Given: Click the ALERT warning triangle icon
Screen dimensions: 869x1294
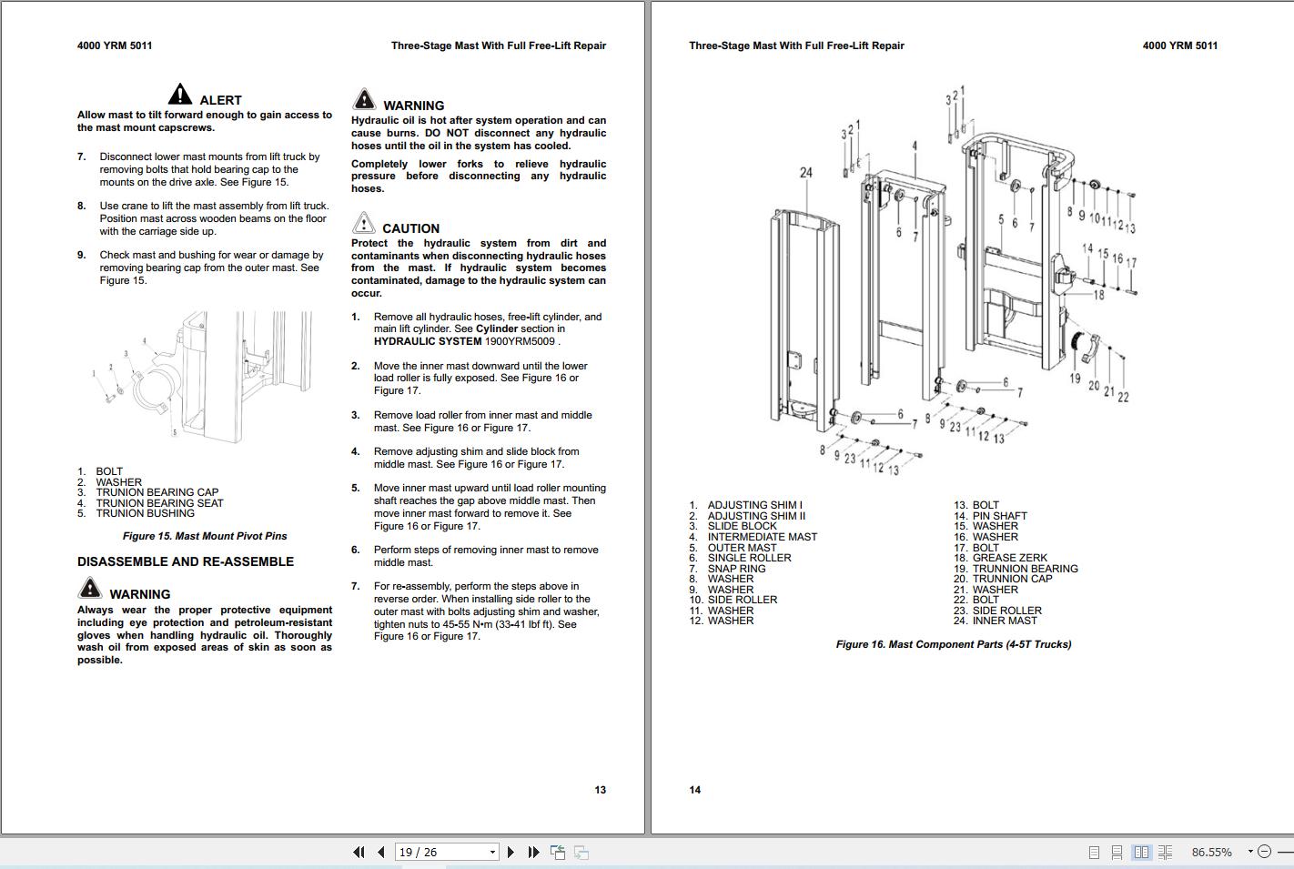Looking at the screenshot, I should click(180, 94).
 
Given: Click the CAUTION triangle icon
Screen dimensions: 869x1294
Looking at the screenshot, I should click(363, 223).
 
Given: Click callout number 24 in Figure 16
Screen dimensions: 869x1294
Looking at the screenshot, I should click(806, 172).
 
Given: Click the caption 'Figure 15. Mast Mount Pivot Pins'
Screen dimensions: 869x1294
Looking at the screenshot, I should click(205, 536).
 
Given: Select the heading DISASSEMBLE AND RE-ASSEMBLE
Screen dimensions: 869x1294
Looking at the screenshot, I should click(186, 561).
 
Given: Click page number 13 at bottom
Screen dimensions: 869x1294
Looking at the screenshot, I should click(600, 790).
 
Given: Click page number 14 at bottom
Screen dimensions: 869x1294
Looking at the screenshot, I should click(695, 790).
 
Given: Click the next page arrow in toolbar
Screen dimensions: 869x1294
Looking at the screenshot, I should click(511, 852).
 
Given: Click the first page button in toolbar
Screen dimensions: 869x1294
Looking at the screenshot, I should click(359, 852).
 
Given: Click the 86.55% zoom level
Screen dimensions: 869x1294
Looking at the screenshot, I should click(1211, 852).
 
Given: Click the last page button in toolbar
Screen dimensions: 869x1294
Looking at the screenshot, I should click(533, 852).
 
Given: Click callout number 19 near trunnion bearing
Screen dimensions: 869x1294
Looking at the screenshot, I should click(1075, 379).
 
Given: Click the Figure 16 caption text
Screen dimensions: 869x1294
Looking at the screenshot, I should click(954, 644).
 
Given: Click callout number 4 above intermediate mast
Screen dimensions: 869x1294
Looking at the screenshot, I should click(915, 146).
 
